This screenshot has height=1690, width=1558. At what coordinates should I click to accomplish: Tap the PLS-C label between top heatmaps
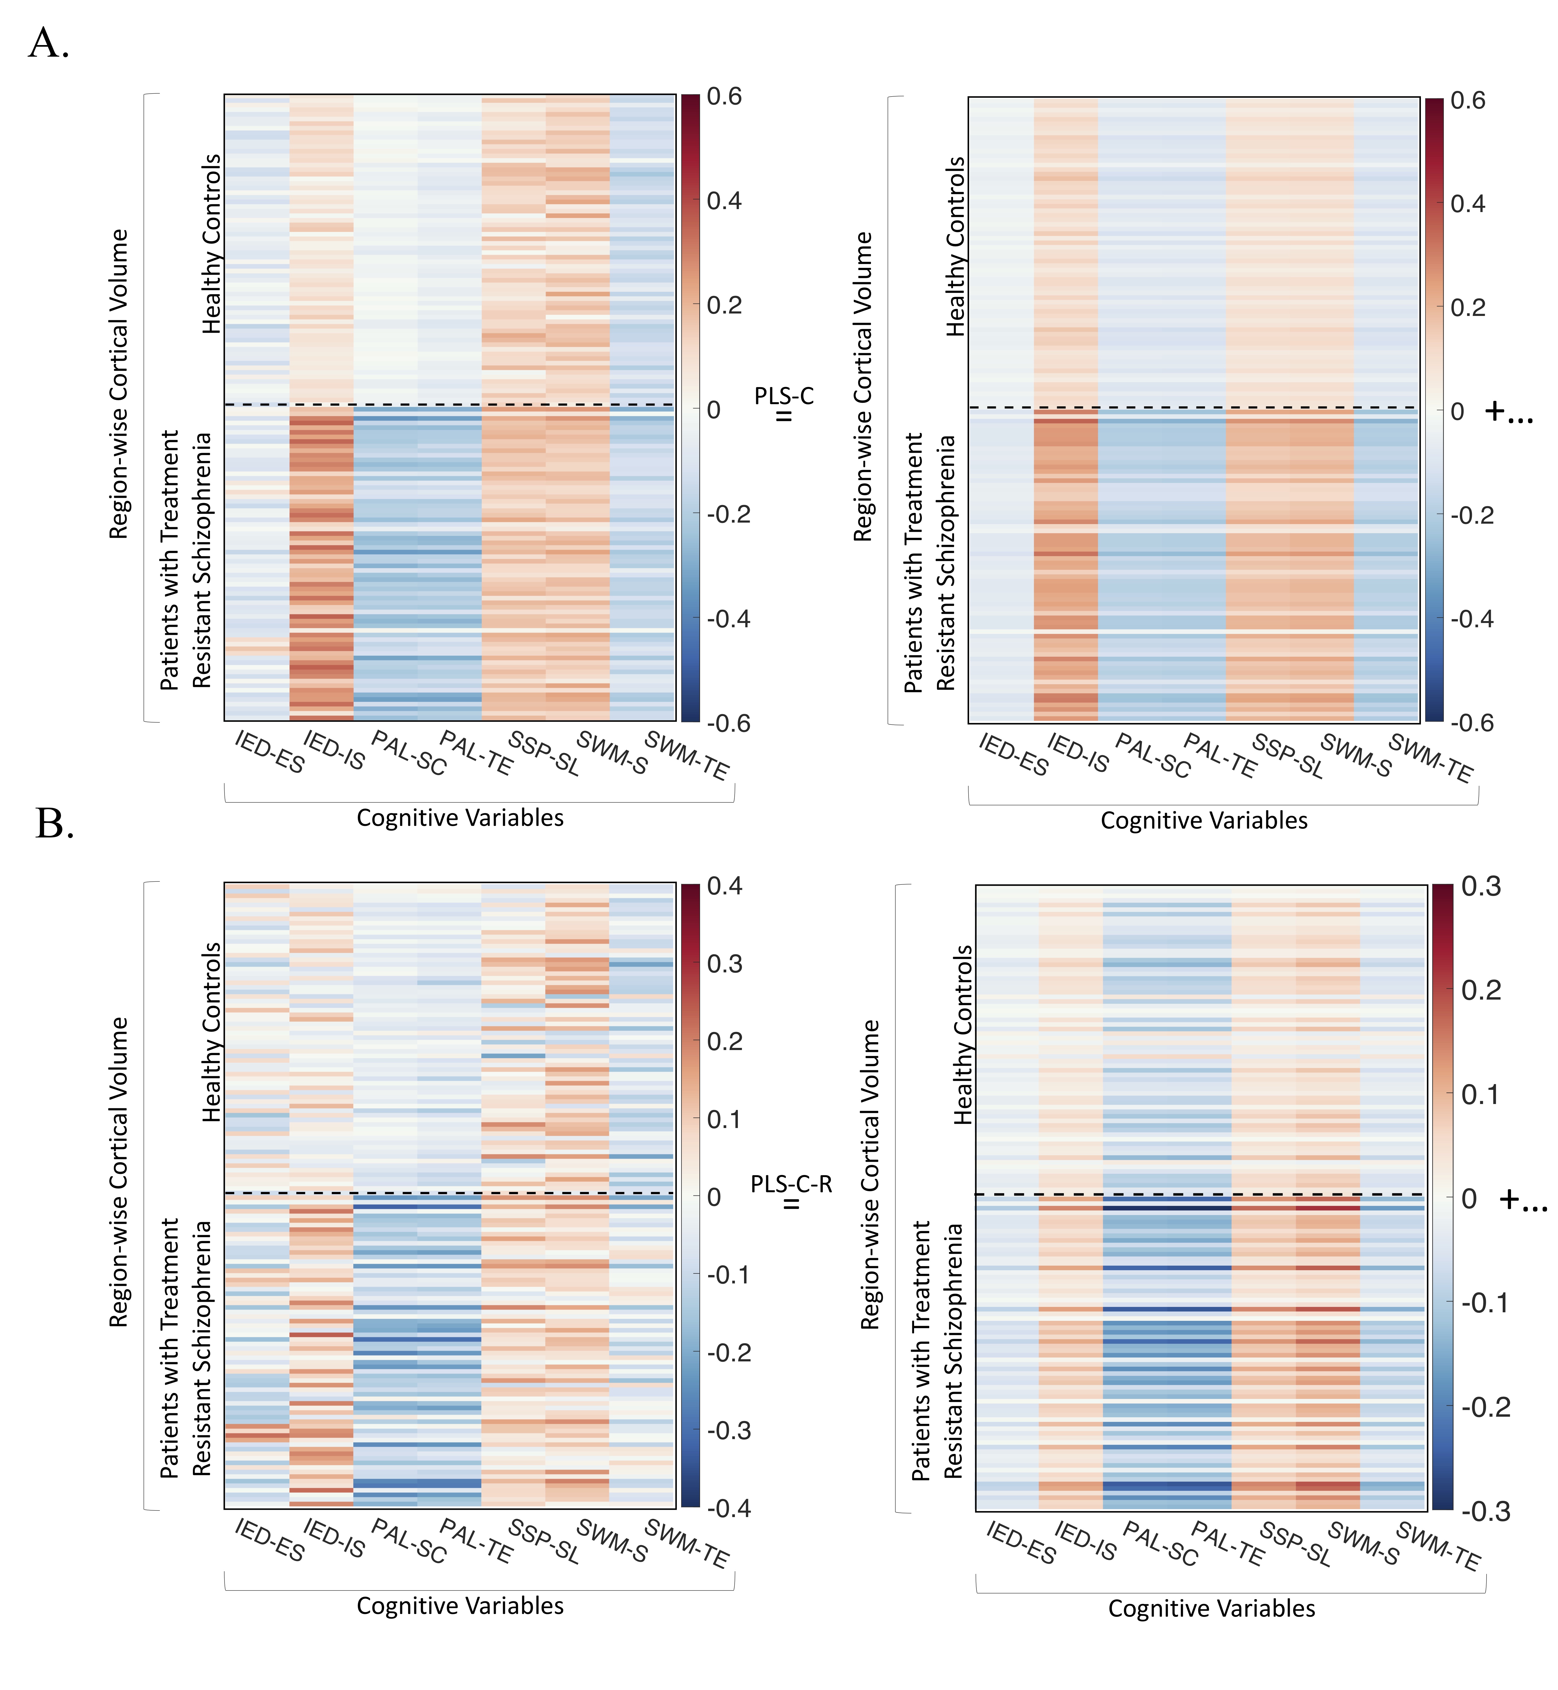[784, 396]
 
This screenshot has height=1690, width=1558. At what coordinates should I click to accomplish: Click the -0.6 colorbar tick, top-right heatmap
[1471, 723]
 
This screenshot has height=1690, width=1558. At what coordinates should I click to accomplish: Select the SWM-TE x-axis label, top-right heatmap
[1431, 757]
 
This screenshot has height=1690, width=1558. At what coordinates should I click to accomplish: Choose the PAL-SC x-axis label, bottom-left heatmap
[408, 1541]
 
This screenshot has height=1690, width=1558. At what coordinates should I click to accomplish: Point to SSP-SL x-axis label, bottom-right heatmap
[1295, 1544]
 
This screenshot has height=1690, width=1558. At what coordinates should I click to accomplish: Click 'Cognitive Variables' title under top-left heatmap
[460, 817]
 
